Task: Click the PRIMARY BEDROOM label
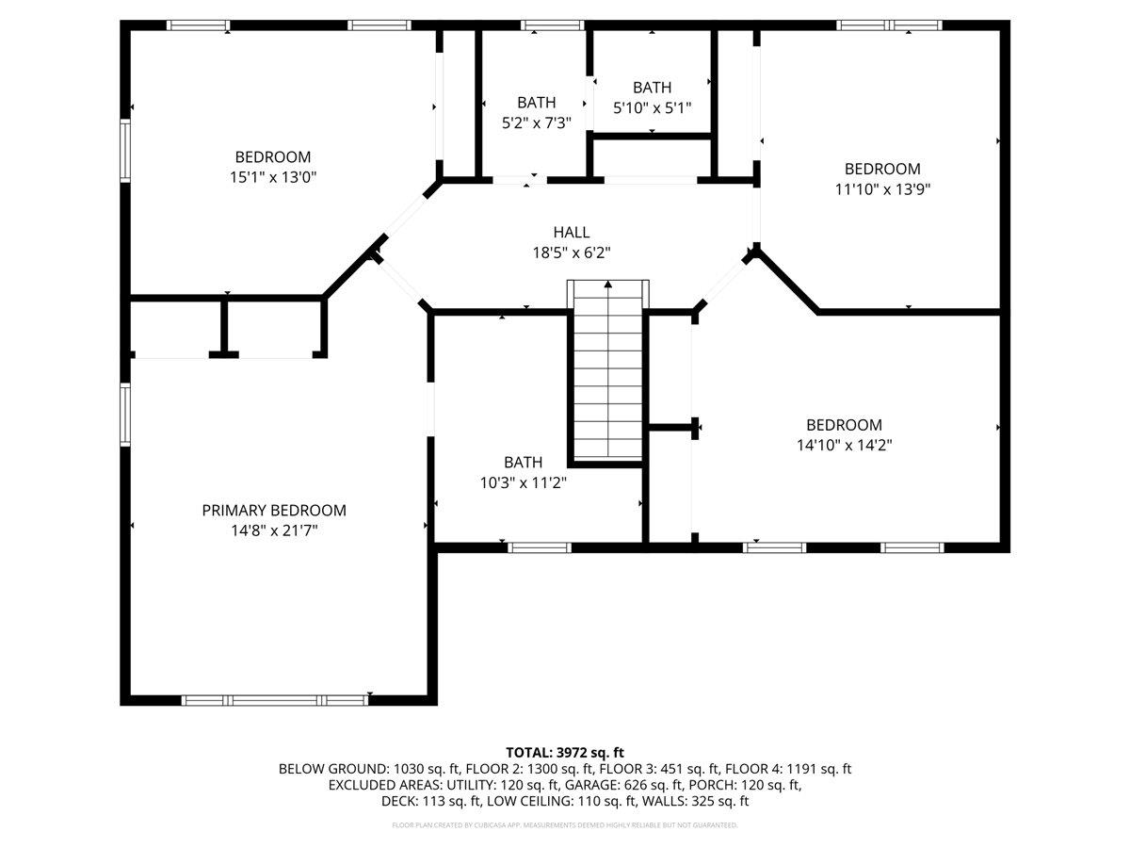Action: pos(274,510)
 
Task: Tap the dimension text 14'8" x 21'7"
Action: pos(274,530)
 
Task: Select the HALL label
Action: pos(572,232)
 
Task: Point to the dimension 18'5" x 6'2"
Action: pos(572,253)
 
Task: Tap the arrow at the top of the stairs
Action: pos(607,284)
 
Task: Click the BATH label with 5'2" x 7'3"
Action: pos(537,102)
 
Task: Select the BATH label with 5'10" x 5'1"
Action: pos(653,87)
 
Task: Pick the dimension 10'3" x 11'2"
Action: pos(523,482)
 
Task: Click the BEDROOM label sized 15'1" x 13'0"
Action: pos(273,156)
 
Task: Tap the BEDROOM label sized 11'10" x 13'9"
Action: pos(882,169)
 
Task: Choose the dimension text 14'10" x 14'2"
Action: pos(844,446)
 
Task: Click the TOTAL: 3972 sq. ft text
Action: pos(565,752)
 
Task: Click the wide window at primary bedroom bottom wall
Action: pos(274,700)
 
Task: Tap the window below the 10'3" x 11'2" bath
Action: pos(540,546)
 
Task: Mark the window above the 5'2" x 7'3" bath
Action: pos(552,25)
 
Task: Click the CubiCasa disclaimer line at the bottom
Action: pos(565,824)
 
